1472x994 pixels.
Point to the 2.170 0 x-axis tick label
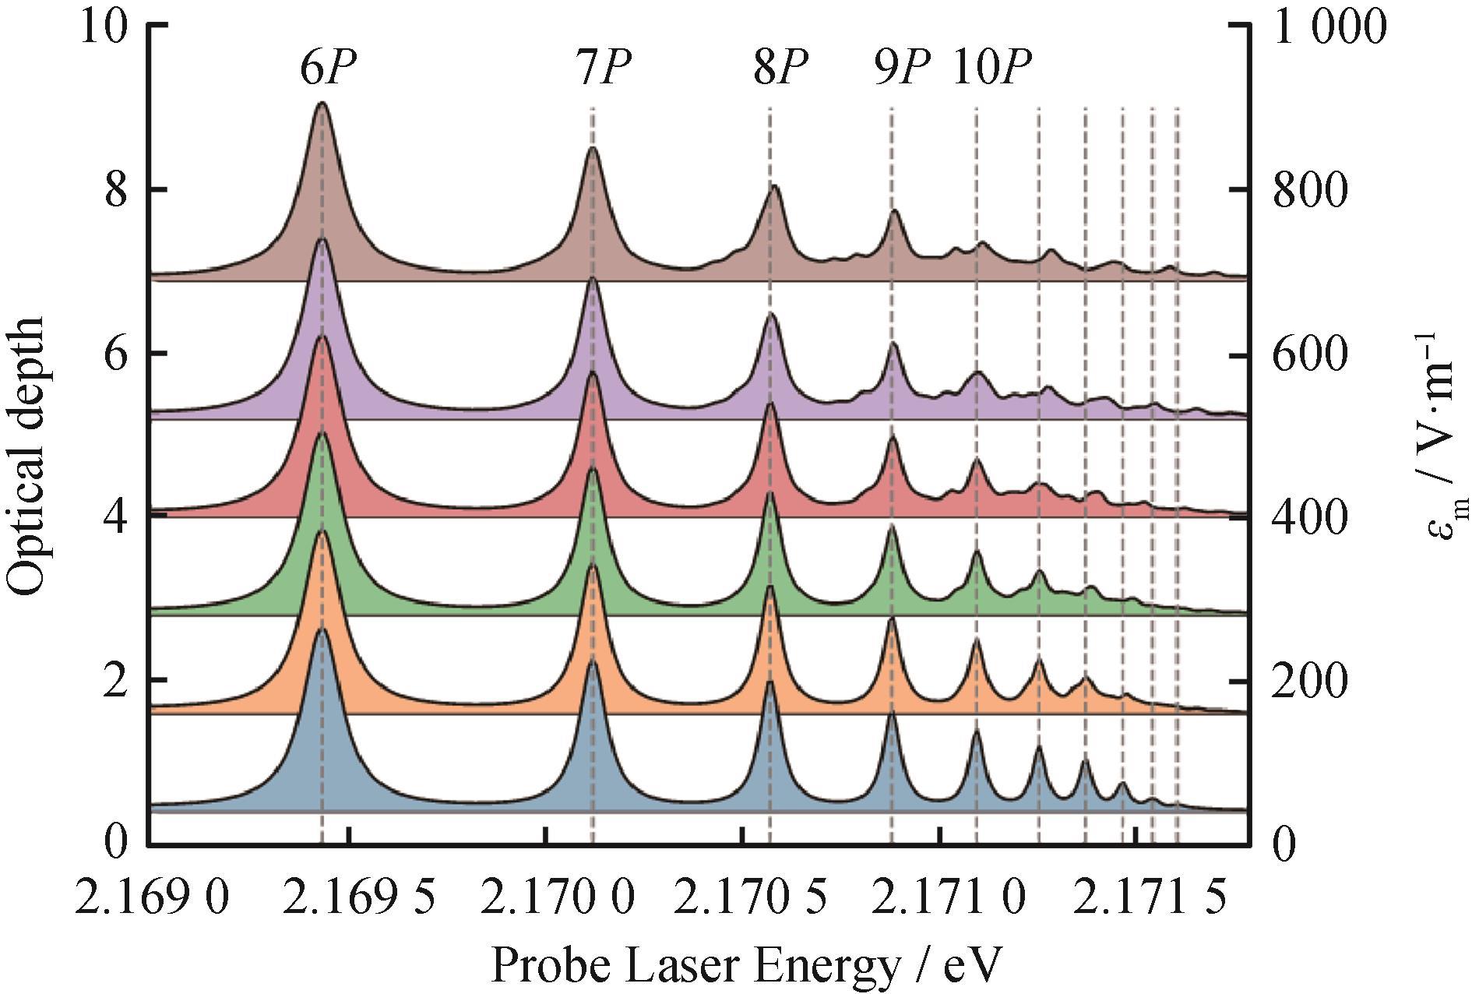(558, 899)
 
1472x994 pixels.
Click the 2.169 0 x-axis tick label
(153, 899)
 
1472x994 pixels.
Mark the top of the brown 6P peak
(322, 103)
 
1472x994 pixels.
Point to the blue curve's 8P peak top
(770, 681)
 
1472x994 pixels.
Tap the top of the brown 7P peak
(593, 147)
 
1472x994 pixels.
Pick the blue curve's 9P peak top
(893, 713)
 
